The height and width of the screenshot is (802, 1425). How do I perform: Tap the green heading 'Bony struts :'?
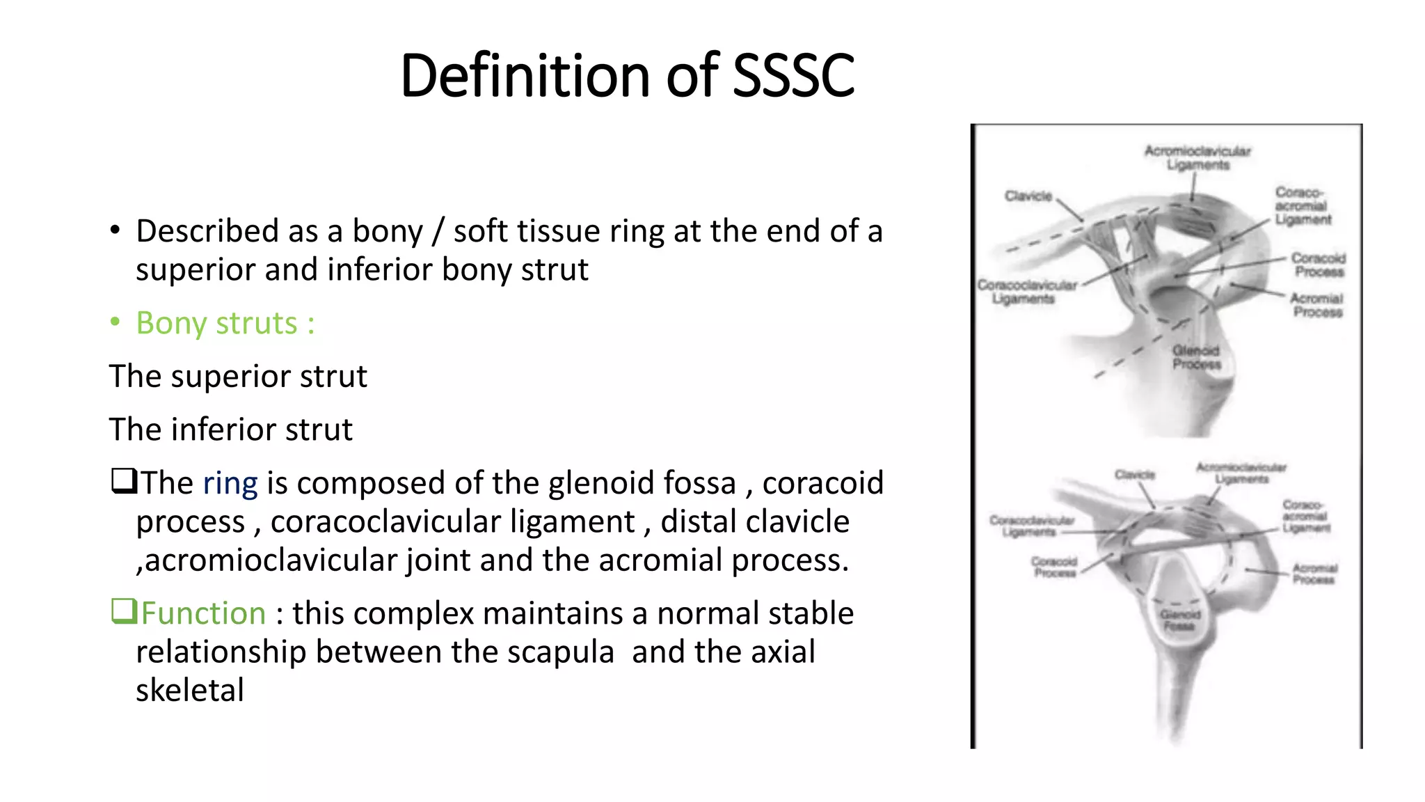225,323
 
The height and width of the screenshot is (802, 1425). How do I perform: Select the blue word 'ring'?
230,483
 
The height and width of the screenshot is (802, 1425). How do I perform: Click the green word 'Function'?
203,613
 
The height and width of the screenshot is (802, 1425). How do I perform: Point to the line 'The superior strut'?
238,377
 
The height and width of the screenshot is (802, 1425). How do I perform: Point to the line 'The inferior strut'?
231,430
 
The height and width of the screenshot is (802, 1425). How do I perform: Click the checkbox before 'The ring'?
123,481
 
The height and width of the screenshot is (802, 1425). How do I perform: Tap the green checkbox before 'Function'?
123,611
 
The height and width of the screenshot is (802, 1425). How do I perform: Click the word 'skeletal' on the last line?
190,691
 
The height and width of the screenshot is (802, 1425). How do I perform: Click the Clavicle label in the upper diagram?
1028,196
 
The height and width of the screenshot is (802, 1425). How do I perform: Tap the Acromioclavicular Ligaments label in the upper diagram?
1197,158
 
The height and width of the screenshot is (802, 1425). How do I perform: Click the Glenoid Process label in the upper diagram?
1196,357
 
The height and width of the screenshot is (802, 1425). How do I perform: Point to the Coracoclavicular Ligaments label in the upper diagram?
1026,292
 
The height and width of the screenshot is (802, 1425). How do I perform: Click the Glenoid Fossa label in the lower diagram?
1180,620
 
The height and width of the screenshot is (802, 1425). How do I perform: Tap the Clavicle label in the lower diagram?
1134,475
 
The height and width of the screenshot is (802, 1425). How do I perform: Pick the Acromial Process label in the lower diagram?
1314,574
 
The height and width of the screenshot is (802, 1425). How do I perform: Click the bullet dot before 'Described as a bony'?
115,231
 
